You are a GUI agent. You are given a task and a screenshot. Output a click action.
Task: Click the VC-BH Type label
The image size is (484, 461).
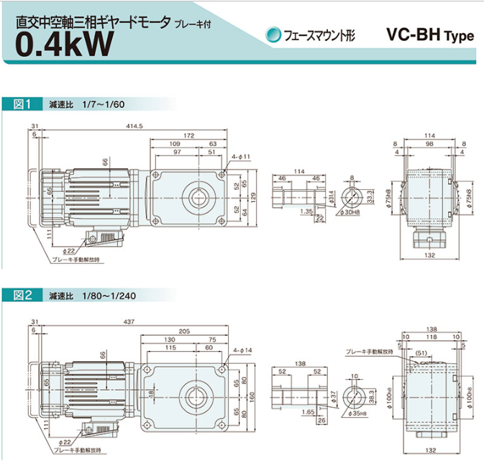pos(430,35)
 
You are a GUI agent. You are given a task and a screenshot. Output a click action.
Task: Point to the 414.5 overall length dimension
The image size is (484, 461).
pos(134,126)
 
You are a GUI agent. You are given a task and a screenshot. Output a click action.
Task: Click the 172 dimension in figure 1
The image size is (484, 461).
pos(188,135)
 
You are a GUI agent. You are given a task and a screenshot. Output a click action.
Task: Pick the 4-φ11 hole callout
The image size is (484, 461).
pos(241,156)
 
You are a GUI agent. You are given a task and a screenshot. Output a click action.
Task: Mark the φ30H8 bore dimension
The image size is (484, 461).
pos(351,212)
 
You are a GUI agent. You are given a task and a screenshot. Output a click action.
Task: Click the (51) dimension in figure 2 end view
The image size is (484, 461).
pos(422,352)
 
